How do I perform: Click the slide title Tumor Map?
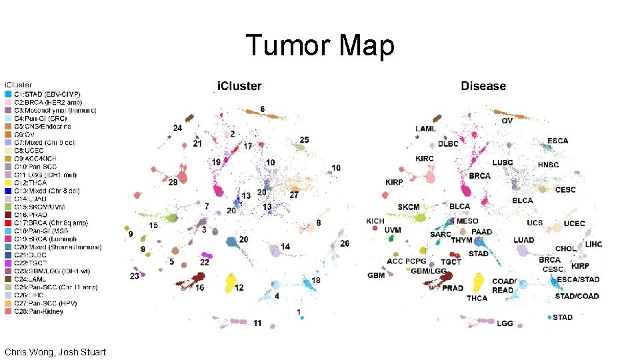point(320,46)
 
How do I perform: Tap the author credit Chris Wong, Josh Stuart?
point(55,351)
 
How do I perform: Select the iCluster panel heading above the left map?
point(239,87)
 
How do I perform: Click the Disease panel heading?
point(483,87)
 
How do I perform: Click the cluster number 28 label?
point(173,182)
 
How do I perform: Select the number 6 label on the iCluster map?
point(262,109)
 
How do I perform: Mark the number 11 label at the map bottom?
point(257,323)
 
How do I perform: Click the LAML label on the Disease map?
point(426,129)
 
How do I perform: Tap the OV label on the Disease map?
point(507,121)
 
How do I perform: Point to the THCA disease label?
point(477,298)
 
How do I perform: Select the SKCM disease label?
point(409,207)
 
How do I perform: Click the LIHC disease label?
point(593,244)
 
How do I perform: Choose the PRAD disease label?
point(453,288)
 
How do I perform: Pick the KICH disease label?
point(375,221)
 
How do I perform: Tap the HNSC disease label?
point(548,165)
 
